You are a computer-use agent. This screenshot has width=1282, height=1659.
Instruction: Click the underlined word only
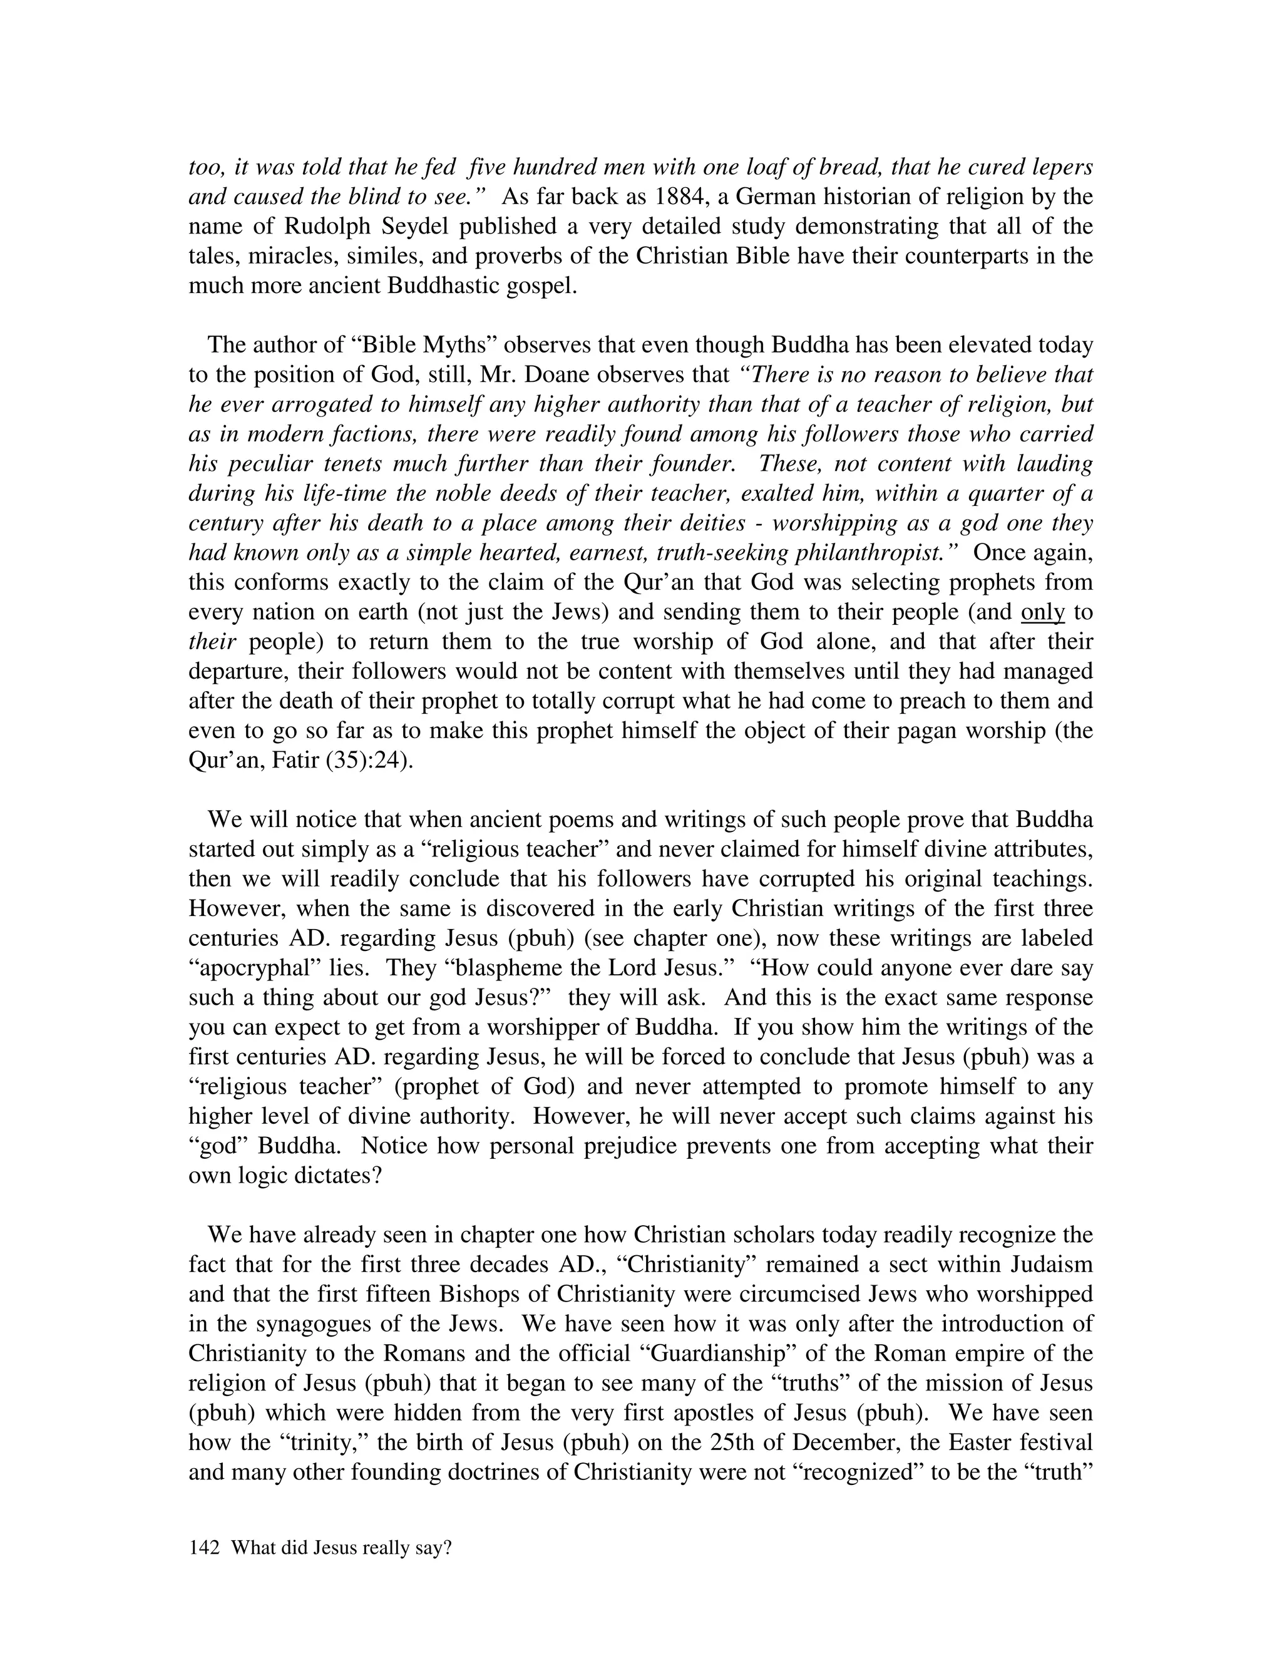pos(1043,612)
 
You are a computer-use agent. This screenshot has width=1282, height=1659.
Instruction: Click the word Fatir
pos(293,761)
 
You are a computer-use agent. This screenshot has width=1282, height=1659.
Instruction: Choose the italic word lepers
pos(1055,168)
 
